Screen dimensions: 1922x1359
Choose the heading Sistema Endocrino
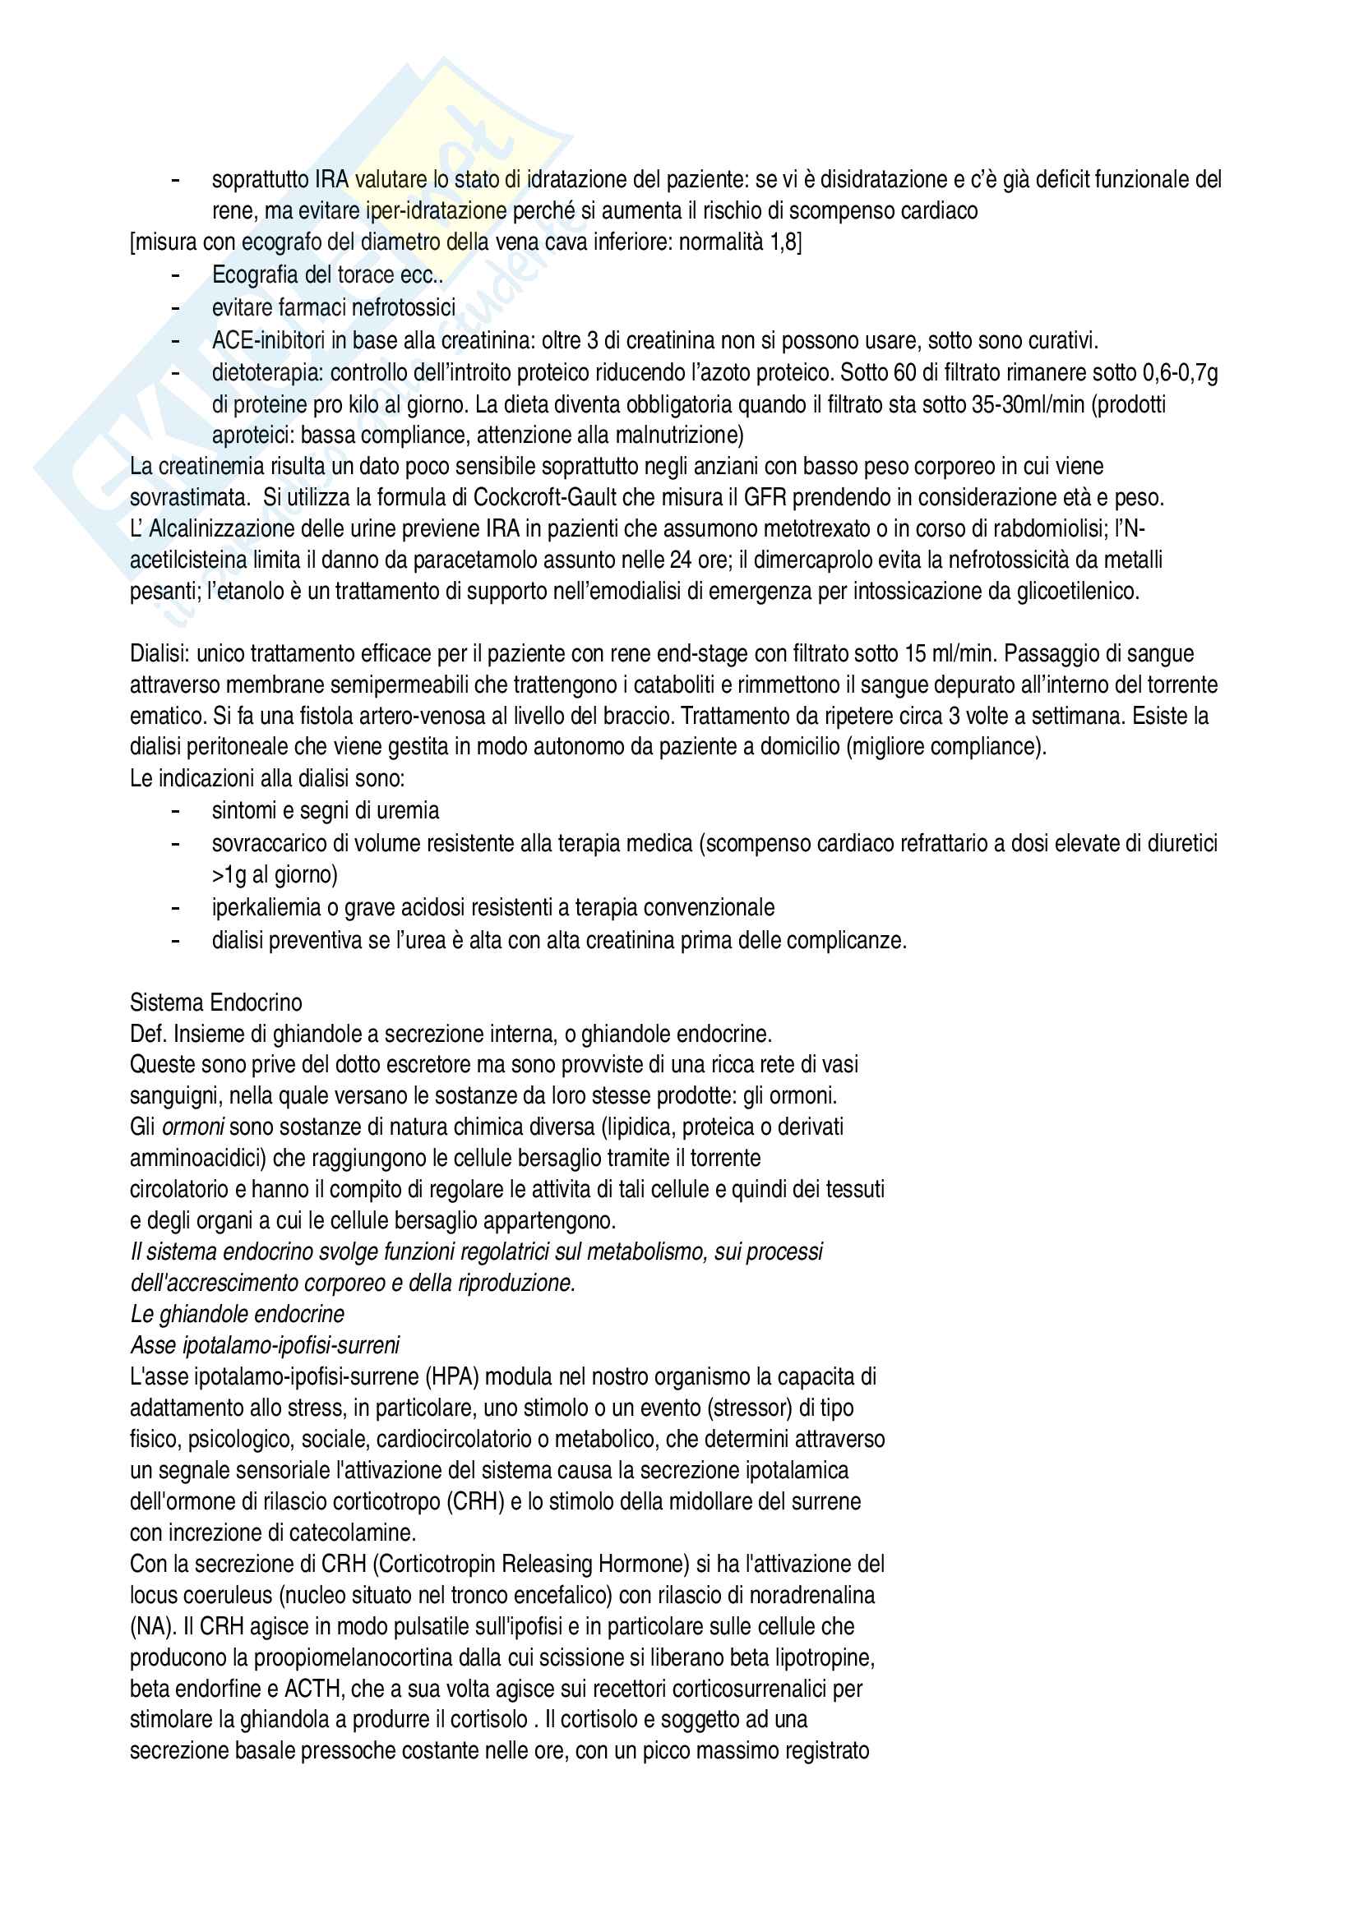[215, 1002]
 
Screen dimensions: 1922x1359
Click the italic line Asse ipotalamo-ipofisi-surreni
[265, 1345]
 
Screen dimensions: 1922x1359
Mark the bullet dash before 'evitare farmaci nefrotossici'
[175, 308]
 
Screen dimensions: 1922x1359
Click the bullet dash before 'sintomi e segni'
[175, 810]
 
